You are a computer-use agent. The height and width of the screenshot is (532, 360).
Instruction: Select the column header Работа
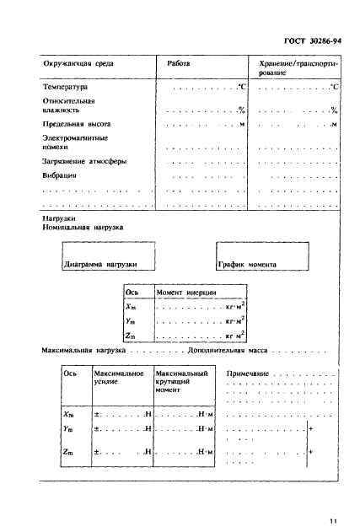[x=179, y=64]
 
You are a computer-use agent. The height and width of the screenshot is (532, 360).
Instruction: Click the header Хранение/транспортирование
[x=297, y=68]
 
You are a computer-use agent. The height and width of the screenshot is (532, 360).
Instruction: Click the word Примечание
[x=246, y=373]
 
